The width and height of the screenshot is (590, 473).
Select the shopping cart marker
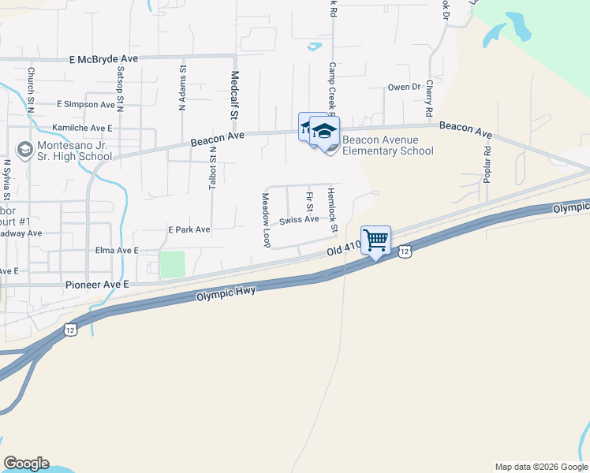(376, 240)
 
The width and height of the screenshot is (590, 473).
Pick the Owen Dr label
(404, 88)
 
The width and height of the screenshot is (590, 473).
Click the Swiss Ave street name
(300, 219)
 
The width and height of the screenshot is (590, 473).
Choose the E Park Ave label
(189, 229)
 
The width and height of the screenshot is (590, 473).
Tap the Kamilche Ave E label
(82, 127)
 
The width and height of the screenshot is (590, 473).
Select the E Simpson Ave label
(86, 104)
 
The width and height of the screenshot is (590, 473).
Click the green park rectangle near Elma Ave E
(172, 264)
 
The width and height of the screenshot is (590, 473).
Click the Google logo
(26, 464)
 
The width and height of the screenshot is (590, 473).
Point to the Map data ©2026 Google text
(540, 467)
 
